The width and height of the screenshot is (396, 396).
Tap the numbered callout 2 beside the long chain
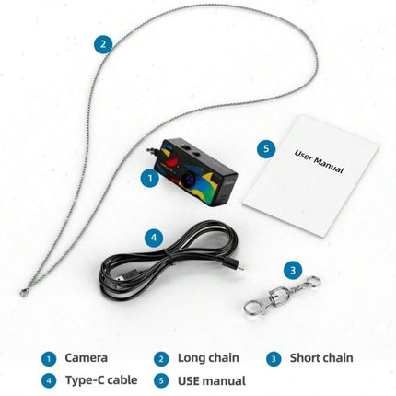[x=103, y=44]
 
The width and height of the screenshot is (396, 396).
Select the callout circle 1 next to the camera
[x=150, y=178]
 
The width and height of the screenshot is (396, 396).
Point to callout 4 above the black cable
[x=154, y=238]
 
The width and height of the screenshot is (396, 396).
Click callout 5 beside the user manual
[x=266, y=149]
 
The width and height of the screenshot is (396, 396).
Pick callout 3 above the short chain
[x=293, y=271]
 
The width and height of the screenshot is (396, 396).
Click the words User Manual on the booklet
[x=319, y=161]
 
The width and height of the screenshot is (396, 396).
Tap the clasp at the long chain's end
[x=24, y=293]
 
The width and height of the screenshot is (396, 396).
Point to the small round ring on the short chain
[x=314, y=282]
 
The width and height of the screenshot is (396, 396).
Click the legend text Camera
[x=87, y=357]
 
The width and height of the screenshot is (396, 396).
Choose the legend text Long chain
[x=208, y=357]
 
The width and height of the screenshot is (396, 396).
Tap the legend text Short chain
[x=321, y=357]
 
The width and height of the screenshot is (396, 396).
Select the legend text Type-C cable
[x=101, y=380]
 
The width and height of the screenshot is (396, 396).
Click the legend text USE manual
[x=212, y=380]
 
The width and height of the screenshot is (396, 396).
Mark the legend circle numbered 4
[x=49, y=381]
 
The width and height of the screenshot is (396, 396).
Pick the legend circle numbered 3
[x=274, y=359]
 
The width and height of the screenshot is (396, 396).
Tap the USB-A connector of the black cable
[x=122, y=276]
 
